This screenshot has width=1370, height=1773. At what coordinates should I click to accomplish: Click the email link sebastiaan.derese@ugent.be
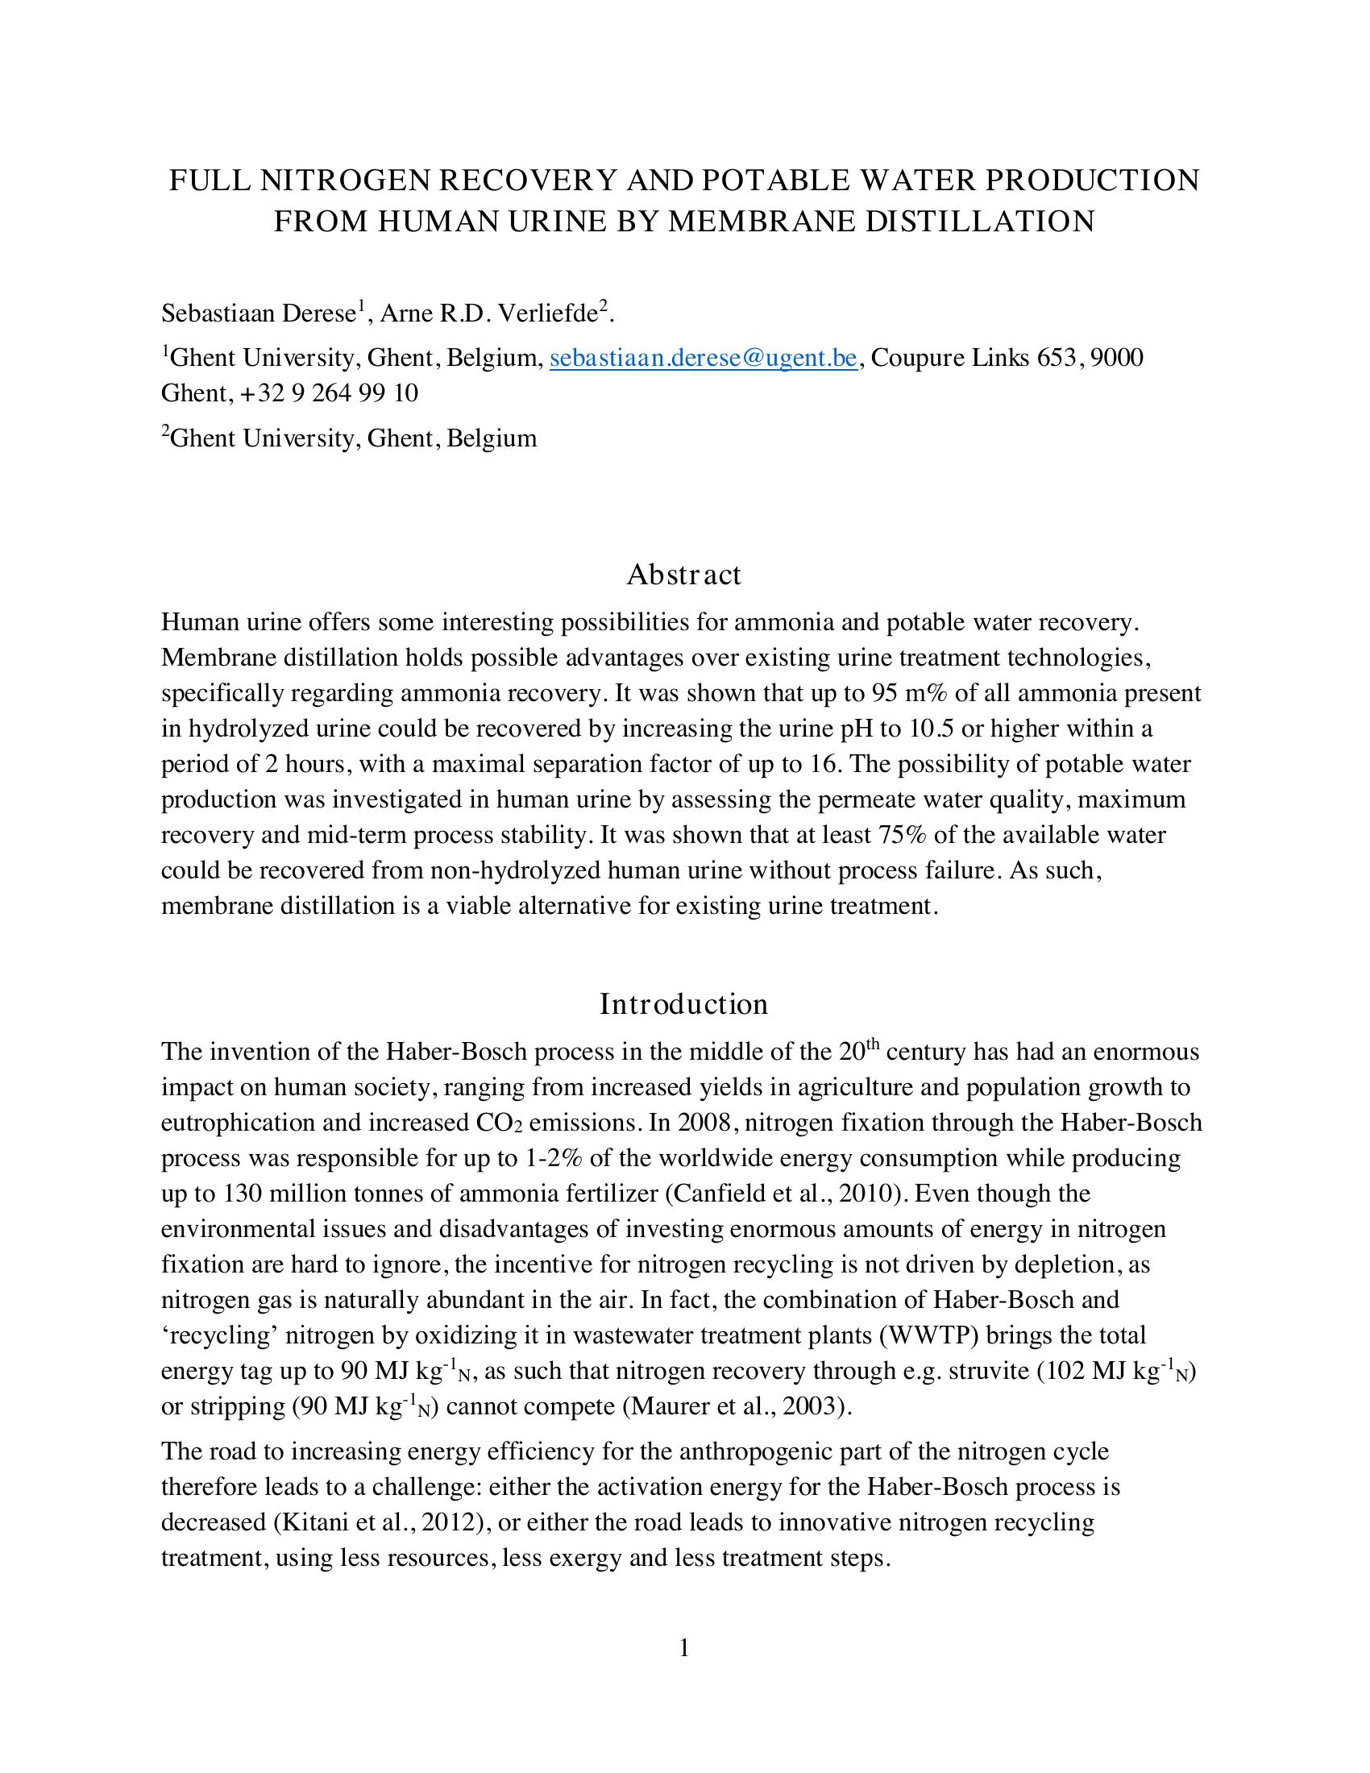click(x=703, y=358)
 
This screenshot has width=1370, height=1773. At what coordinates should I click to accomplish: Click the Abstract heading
click(x=683, y=575)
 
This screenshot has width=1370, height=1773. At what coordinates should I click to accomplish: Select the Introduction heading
click(x=683, y=1004)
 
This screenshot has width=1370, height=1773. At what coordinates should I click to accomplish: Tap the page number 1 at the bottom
click(x=684, y=1647)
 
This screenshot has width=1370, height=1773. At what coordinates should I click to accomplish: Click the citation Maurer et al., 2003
click(x=736, y=1407)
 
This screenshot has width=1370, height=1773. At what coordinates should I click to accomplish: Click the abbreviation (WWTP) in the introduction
click(x=928, y=1335)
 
